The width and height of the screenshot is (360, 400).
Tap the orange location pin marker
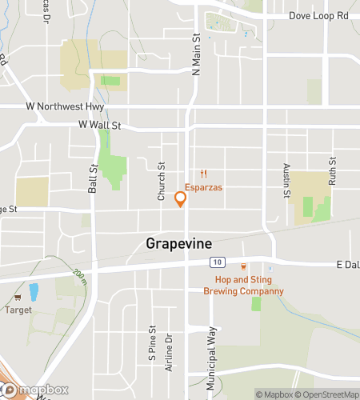click(181, 198)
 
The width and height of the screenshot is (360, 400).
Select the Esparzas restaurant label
click(204, 187)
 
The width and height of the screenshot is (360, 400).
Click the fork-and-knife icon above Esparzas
click(204, 174)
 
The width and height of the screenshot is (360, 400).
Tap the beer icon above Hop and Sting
click(244, 267)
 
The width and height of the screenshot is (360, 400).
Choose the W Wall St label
click(99, 125)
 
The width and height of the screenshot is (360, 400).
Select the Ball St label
click(93, 179)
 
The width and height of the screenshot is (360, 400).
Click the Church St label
click(162, 182)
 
